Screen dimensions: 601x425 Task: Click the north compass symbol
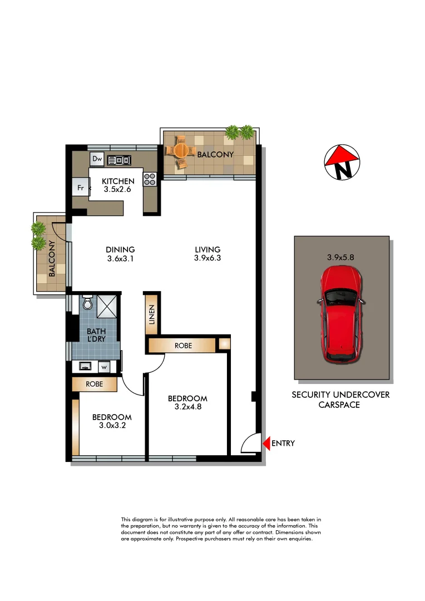coord(342,162)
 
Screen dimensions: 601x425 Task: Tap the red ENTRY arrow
coord(266,444)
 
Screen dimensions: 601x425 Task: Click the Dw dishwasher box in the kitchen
coord(97,159)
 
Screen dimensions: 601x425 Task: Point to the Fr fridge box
coord(80,188)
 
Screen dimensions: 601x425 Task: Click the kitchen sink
coord(118,160)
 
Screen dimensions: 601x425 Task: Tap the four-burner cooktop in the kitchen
coord(150,179)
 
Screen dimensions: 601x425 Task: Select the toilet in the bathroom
coord(87,303)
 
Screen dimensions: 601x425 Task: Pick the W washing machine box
coord(104,367)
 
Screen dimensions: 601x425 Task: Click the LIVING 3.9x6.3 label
coord(207,254)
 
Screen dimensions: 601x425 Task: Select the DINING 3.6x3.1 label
coord(120,254)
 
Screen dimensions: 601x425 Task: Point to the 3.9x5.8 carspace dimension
coord(340,258)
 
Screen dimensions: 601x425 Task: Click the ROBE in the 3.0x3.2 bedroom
coord(94,384)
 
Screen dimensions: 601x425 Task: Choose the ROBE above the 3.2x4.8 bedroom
coord(183,346)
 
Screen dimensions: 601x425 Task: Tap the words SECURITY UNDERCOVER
coord(340,395)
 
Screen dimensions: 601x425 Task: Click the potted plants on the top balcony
coord(240,132)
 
